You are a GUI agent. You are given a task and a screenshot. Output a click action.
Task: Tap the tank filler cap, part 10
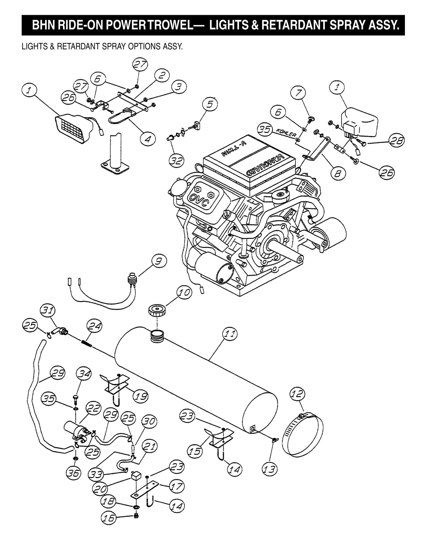[156, 310]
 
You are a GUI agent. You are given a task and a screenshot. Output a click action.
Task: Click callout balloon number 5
[210, 104]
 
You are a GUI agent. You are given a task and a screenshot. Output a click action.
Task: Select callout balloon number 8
[338, 173]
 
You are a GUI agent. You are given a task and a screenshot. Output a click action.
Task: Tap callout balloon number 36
[73, 473]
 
